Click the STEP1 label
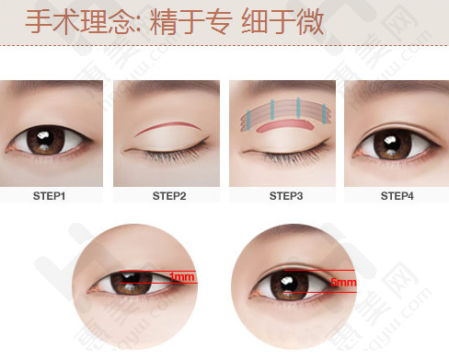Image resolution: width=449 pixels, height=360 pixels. (49, 196)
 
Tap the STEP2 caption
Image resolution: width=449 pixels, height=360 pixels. (169, 196)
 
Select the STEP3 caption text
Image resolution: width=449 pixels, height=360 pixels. (286, 196)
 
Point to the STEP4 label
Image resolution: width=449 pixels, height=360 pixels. (397, 196)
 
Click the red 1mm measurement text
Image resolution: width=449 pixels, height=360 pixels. (182, 277)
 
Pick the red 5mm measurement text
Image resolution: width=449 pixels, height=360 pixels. (343, 282)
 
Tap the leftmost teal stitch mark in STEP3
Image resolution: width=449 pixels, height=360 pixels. (248, 120)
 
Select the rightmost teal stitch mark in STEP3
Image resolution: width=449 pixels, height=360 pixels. (324, 114)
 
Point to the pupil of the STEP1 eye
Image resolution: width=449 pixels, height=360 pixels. (45, 139)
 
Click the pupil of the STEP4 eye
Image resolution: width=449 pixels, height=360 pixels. (393, 143)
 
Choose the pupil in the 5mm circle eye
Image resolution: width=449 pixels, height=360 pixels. (289, 284)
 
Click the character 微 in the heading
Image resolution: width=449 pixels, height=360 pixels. (310, 21)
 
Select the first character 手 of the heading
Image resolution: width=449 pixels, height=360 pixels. (39, 21)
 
